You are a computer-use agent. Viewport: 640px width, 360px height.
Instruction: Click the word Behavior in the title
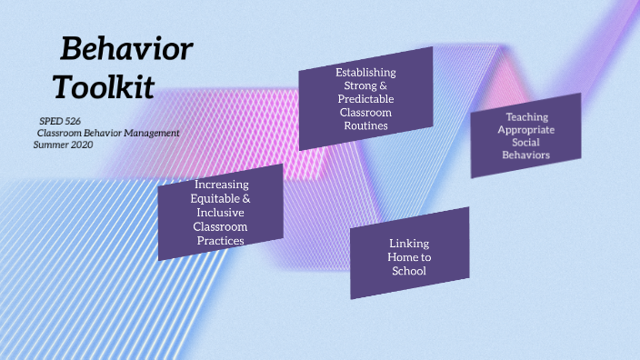pos(126,48)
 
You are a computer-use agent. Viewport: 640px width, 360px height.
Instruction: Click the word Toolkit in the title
pos(103,87)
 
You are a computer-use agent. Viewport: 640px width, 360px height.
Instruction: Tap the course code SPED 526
pos(61,121)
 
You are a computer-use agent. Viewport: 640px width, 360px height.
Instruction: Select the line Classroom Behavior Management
pos(102,133)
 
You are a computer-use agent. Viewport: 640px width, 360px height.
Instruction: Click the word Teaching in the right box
pos(526,117)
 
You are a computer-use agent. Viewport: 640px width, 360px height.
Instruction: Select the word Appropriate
pos(526,130)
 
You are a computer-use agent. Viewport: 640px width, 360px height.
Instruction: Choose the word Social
pos(526,143)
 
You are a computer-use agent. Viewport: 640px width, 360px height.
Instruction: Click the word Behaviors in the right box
pos(526,155)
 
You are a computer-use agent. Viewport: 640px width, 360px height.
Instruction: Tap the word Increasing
pos(222,185)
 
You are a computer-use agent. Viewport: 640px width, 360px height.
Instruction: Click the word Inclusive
pos(222,212)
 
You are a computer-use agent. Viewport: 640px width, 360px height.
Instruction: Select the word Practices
pos(222,240)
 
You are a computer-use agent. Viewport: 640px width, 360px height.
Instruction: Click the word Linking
pos(409,244)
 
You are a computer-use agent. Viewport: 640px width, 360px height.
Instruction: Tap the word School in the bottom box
pos(409,271)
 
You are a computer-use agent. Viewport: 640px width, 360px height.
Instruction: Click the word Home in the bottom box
pos(402,257)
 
